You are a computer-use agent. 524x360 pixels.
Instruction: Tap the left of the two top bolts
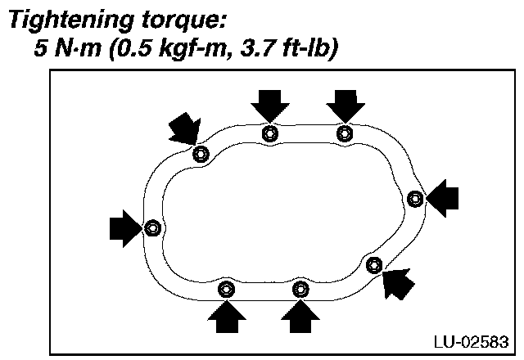coord(270,133)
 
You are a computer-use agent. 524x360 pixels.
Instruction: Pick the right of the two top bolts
coord(345,133)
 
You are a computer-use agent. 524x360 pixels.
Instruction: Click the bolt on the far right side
coord(415,197)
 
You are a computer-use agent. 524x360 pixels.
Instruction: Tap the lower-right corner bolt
coord(374,263)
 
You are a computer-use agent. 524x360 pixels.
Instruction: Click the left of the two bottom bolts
coord(227,289)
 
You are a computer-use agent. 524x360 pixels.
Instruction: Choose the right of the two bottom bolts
coord(301,289)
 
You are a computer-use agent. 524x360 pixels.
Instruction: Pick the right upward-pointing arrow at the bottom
coord(301,317)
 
